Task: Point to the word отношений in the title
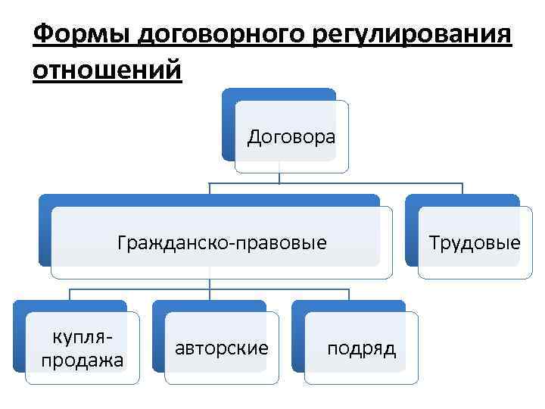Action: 108,71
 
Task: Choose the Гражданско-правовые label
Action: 222,243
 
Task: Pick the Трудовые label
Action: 474,243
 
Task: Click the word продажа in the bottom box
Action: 82,361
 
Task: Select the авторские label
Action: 222,348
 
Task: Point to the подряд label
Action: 361,348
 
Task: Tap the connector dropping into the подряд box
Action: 349,295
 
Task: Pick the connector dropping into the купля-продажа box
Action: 70,295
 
